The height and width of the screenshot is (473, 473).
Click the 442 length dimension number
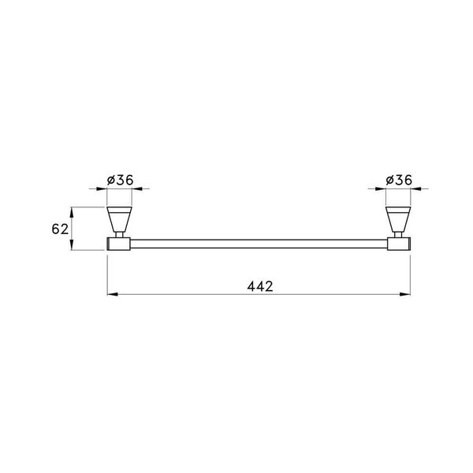point(259,286)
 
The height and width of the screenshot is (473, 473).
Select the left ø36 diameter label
point(119,180)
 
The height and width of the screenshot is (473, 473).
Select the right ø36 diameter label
point(399,180)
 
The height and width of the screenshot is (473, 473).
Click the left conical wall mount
point(119,218)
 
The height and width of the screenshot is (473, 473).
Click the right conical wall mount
point(399,218)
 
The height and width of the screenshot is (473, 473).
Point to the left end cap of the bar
point(117,244)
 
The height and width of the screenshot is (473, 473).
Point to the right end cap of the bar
point(400,244)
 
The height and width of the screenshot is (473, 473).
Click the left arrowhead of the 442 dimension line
point(110,296)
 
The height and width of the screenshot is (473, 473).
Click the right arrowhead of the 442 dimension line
point(407,296)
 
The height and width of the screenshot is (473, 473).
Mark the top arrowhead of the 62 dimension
point(73,210)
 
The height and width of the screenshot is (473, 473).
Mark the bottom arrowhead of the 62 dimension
point(73,247)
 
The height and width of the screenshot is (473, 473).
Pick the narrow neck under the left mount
point(119,234)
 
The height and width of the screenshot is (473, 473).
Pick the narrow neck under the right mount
point(399,234)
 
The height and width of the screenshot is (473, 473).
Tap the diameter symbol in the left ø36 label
point(110,180)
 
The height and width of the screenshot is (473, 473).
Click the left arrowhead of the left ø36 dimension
point(102,189)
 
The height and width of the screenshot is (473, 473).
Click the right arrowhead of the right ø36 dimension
point(415,189)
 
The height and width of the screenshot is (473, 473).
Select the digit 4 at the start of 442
point(249,286)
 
